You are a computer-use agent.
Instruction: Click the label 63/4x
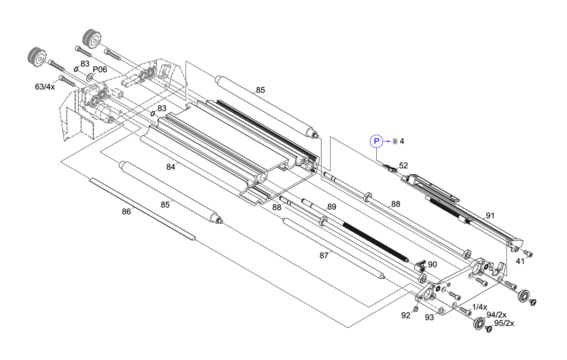coord(45,86)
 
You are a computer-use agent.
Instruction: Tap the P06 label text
coord(100,69)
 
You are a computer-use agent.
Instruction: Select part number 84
coord(171,167)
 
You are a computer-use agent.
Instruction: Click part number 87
coord(324,255)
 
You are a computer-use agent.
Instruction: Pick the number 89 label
coord(332,207)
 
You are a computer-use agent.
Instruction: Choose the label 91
coord(490,215)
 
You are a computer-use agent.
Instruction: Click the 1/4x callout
coord(479,307)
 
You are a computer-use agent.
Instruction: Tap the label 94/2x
coord(496,315)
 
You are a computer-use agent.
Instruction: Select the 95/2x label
coord(504,323)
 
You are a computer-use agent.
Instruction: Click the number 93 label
coord(429,317)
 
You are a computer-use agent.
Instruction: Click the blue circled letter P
coord(376,141)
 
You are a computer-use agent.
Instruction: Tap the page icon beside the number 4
coord(395,141)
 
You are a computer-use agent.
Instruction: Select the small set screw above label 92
coord(416,310)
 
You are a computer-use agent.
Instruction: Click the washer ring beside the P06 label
coord(90,75)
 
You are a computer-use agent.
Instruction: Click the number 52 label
coord(403,165)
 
